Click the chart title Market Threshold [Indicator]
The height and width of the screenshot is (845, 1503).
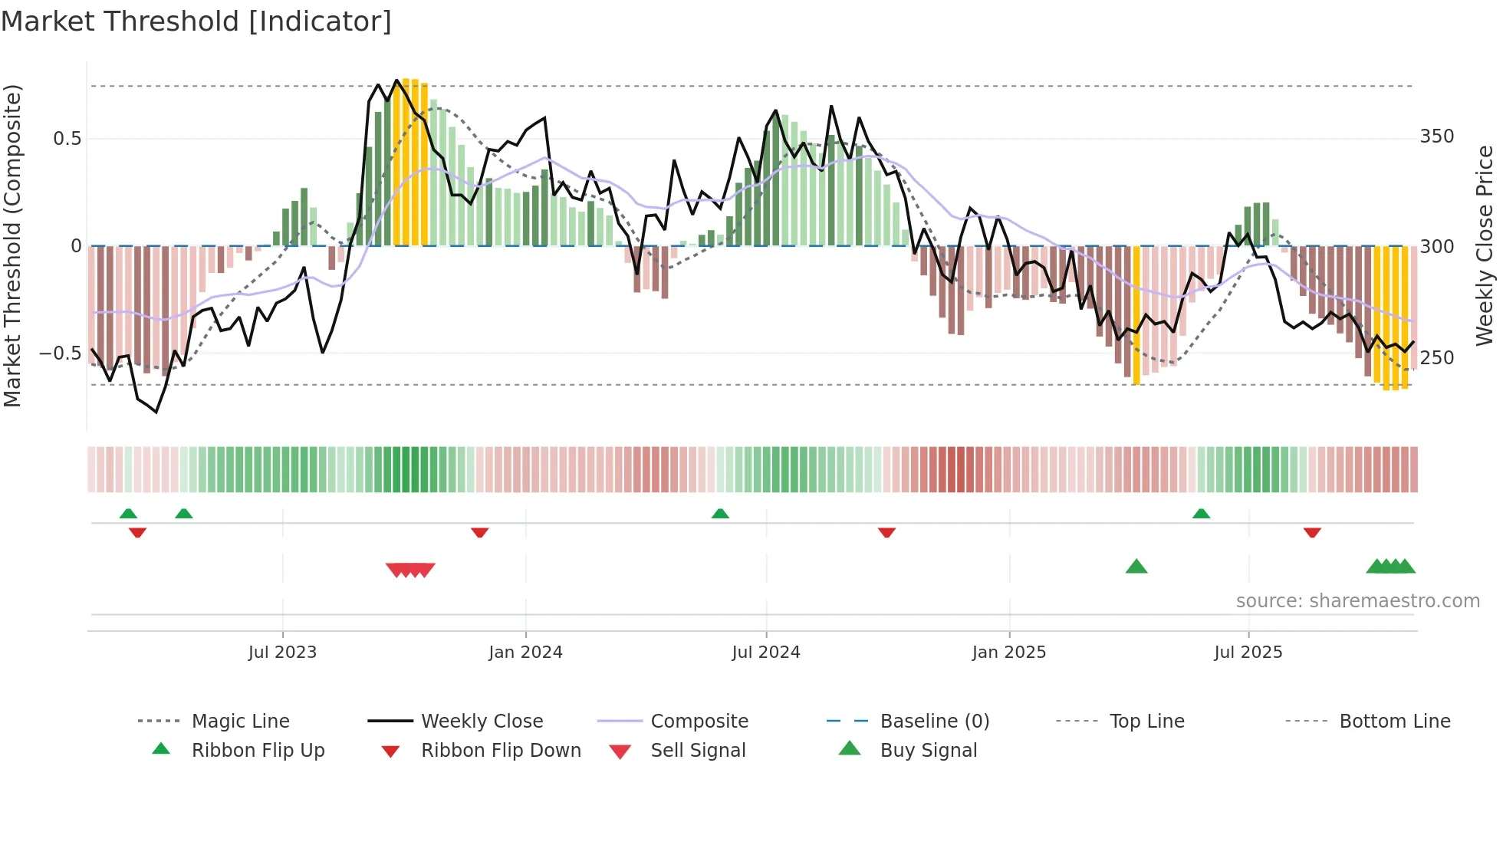click(196, 21)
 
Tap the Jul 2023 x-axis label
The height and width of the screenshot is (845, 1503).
click(282, 653)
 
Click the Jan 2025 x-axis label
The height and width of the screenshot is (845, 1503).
click(1008, 653)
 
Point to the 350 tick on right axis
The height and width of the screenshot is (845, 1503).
click(1436, 136)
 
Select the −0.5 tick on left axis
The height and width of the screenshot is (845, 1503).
click(60, 353)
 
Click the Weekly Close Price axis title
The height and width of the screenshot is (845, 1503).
click(1485, 245)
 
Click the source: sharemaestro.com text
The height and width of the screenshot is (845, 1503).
click(1357, 601)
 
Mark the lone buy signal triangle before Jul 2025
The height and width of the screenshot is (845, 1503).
click(1136, 567)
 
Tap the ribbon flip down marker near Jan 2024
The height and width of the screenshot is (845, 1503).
click(479, 532)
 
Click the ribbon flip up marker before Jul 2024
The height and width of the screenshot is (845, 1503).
click(719, 514)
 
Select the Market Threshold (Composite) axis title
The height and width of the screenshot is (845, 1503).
click(13, 245)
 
